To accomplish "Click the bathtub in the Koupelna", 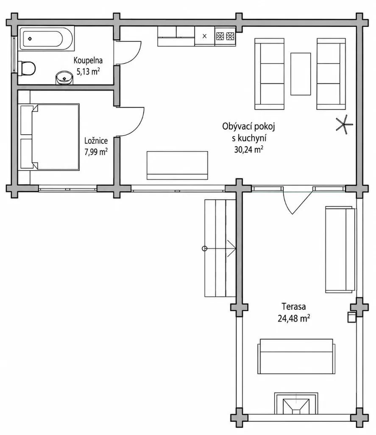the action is pos(46,39).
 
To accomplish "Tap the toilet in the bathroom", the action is pos(27,68).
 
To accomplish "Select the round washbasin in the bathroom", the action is pos(64,78).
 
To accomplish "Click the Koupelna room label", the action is pos(88,60).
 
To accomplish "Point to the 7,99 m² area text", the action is pos(96,152).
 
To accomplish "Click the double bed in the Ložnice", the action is pos(49,137).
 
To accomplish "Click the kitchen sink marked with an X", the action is pos(205,36).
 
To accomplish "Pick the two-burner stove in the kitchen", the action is pos(225,36).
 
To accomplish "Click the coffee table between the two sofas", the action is pos(301,74).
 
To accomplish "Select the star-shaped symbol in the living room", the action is pos(344,124).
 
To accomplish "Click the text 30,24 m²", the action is pos(249,150).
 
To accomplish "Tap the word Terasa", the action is pos(294,307).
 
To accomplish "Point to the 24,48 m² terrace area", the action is pos(294,318).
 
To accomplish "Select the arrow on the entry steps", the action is pos(220,249).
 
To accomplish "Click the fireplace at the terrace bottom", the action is pos(296,404).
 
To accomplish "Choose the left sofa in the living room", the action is pos(270,74).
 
